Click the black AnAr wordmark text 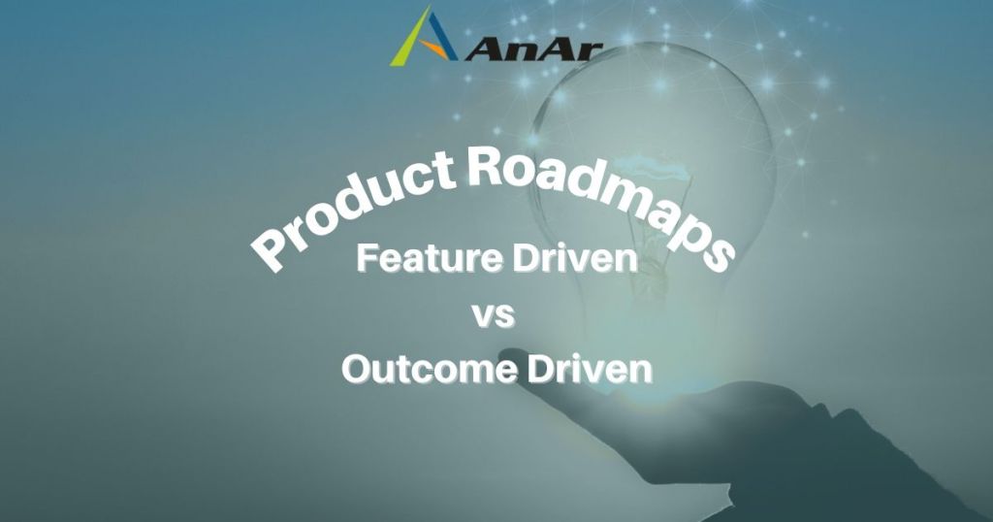click(x=532, y=49)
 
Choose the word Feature click(x=431, y=258)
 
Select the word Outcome click(x=429, y=370)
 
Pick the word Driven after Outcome click(x=589, y=370)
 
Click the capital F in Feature click(x=367, y=258)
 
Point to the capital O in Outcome click(x=357, y=370)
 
